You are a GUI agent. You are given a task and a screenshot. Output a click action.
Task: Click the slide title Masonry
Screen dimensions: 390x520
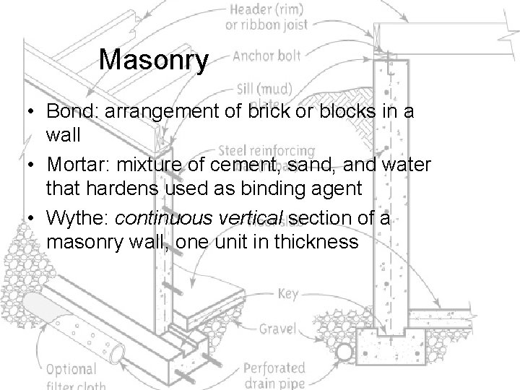pyautogui.click(x=153, y=60)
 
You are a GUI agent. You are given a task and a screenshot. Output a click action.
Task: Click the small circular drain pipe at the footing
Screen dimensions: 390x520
pyautogui.click(x=345, y=352)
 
